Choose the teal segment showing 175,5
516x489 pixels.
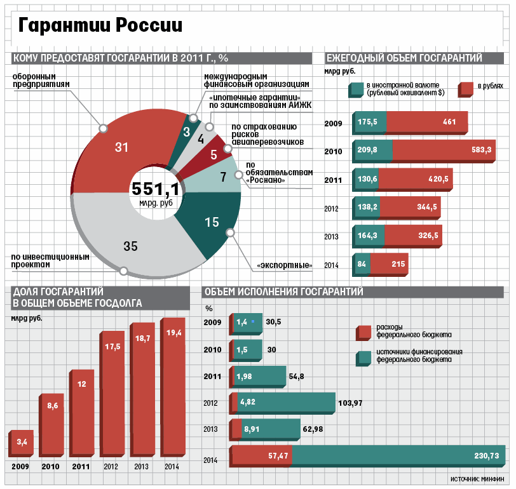(x=369, y=121)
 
